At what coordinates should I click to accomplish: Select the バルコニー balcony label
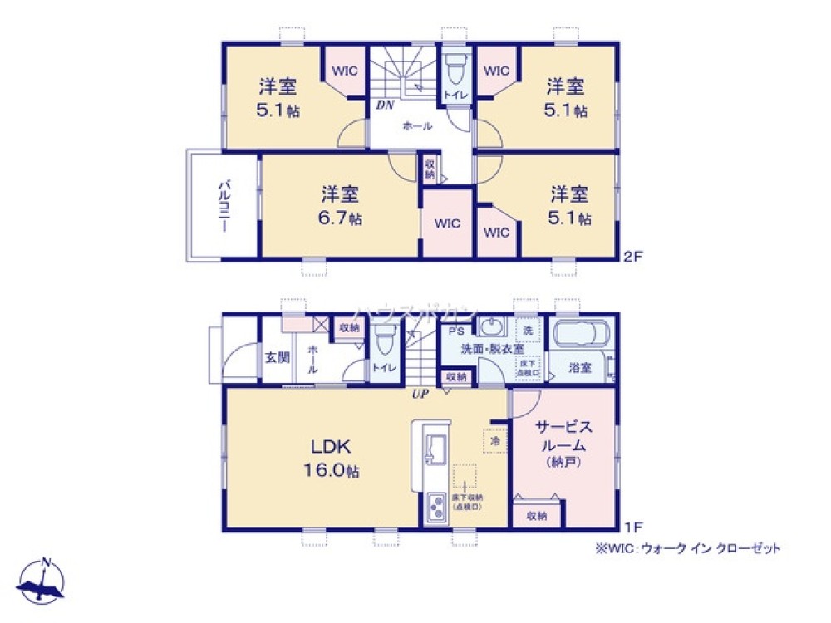point(224,204)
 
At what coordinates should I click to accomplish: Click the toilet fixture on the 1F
point(383,341)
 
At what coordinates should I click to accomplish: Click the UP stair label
point(420,395)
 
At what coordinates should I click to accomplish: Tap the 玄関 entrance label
point(278,358)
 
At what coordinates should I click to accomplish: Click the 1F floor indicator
point(633,527)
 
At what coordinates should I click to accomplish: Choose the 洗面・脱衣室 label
point(493,349)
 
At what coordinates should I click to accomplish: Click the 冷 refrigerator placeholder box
point(494,441)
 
